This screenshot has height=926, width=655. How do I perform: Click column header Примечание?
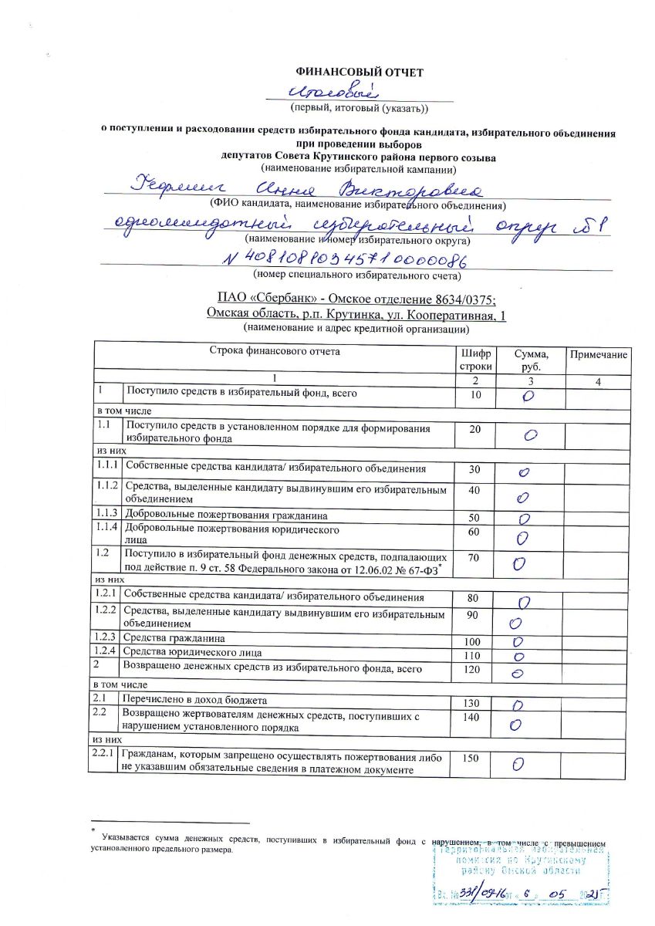pyautogui.click(x=599, y=353)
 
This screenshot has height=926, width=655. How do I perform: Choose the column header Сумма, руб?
pyautogui.click(x=532, y=360)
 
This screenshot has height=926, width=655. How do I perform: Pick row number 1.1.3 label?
pyautogui.click(x=106, y=515)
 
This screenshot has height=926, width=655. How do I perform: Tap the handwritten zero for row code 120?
pyautogui.click(x=518, y=673)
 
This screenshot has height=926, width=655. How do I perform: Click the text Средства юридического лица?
pyautogui.click(x=192, y=653)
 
